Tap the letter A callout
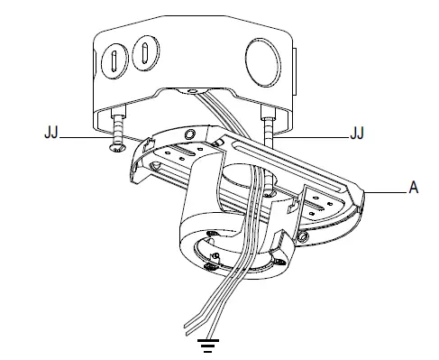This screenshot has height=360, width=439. [414, 189]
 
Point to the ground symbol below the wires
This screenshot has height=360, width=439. [209, 343]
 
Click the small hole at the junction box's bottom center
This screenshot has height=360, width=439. [191, 91]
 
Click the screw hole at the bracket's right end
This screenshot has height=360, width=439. [305, 236]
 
